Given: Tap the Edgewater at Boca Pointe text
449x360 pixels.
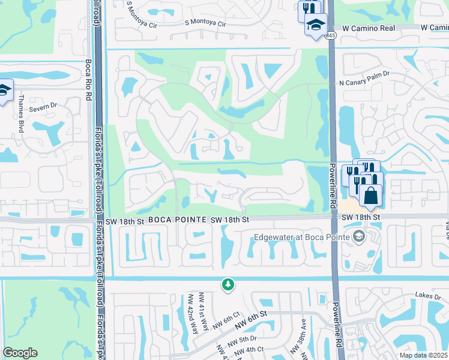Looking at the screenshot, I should (x=300, y=235).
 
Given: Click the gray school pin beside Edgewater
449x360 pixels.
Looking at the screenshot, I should (x=359, y=235).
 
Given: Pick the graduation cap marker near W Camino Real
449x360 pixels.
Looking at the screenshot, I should (x=315, y=25).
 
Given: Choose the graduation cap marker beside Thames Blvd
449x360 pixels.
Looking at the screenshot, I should (x=4, y=90).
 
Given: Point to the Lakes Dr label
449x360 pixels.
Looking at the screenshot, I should (x=428, y=296).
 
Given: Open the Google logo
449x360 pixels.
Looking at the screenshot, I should (x=20, y=353).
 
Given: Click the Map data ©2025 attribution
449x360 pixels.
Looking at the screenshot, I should (x=424, y=355).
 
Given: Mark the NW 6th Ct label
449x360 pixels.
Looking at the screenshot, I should (x=226, y=325).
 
